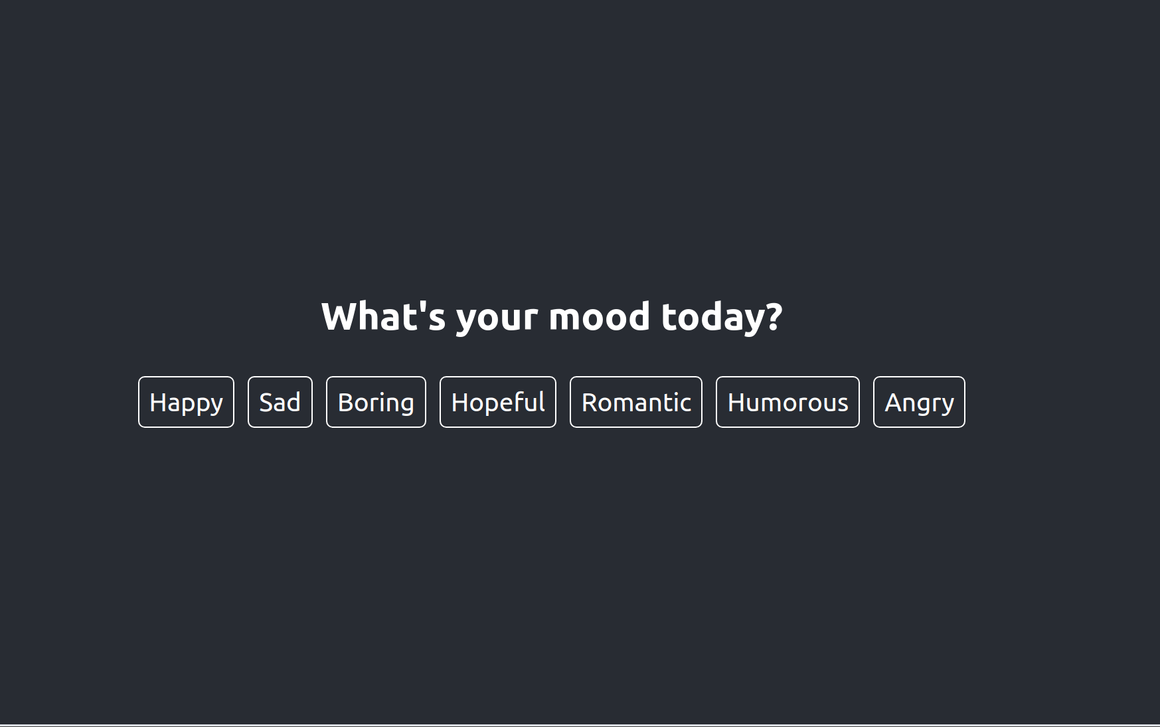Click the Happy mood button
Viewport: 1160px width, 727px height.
tap(186, 402)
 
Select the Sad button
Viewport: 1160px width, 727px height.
tap(280, 402)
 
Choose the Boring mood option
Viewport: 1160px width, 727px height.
tap(376, 402)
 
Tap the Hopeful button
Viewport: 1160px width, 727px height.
tap(497, 402)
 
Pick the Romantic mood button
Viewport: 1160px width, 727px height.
tap(635, 402)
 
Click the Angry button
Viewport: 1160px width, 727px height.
tap(918, 402)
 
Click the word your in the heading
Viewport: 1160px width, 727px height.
tap(497, 318)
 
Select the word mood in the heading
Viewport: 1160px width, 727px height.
tap(599, 316)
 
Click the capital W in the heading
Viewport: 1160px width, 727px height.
tap(341, 316)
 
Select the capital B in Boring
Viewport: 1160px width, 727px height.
tap(345, 403)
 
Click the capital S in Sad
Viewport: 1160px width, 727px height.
tap(266, 403)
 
